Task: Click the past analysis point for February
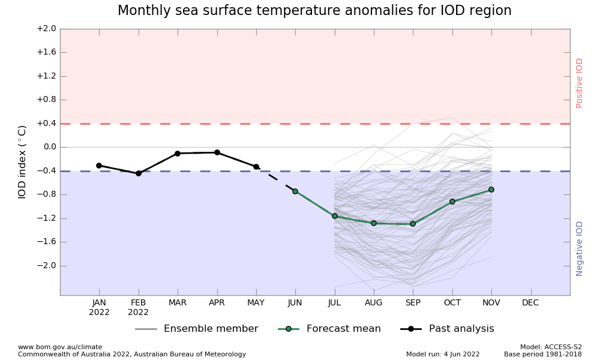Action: pos(139,173)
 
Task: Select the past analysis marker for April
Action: pos(217,152)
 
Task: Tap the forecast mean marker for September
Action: pos(413,224)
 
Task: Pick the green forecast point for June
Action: pos(295,191)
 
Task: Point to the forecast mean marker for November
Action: pos(491,190)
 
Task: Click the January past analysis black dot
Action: pos(99,166)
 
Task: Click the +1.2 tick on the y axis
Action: pos(46,76)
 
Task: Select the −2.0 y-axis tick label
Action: pos(46,266)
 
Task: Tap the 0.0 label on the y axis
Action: pos(49,147)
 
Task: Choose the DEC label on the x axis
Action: pos(530,303)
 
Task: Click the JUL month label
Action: pos(334,303)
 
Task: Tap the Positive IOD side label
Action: pos(580,83)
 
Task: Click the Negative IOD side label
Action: pos(580,248)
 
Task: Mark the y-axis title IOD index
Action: pos(22,162)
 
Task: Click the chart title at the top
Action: pos(314,11)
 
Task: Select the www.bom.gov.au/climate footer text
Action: pos(60,347)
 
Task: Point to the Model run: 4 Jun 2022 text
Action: pos(443,354)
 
